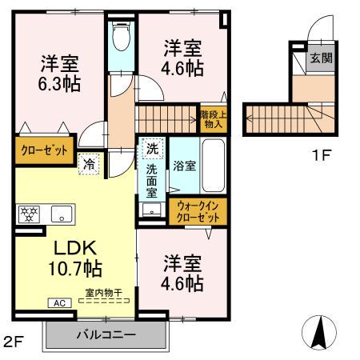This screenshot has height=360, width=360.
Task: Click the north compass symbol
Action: (319, 330)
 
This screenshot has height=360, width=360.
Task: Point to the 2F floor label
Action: (14, 343)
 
